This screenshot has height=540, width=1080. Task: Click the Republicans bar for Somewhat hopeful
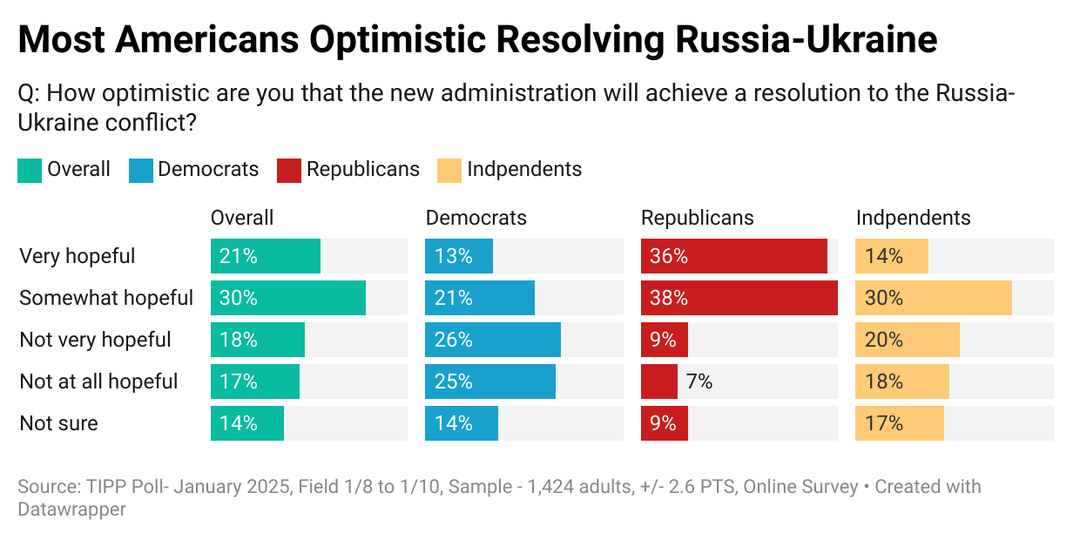coord(739,298)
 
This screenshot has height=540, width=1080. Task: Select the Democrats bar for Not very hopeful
coord(493,340)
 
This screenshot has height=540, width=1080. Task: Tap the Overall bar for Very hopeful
coord(266,256)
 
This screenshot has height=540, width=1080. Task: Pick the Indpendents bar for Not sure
coord(900,423)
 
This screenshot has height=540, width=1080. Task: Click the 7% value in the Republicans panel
coord(699,381)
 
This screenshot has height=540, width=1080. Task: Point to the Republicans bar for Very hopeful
coord(733,256)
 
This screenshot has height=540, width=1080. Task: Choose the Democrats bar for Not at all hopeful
coord(490,381)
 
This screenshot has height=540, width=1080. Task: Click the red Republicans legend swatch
coord(289,170)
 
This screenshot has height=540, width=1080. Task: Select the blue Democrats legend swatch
coord(140,170)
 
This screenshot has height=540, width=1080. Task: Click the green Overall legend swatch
coord(30,170)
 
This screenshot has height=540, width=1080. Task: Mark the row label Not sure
coord(58,423)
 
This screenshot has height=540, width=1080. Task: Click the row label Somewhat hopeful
coord(106,298)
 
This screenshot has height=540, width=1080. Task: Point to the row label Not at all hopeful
coord(98,381)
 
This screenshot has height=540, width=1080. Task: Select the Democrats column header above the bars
coord(476,218)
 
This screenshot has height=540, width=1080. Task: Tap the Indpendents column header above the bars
coord(913,218)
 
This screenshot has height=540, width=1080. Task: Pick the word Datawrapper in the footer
coord(71,509)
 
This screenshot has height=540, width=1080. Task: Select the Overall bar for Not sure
coord(247,423)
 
